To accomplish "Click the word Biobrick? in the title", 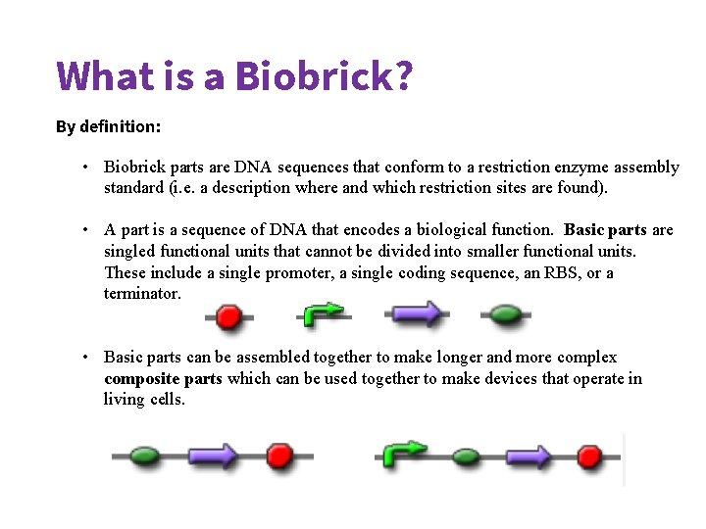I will pos(324,75).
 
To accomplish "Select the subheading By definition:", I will pos(108,126).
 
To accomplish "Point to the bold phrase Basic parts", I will pos(605,230).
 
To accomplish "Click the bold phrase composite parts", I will pos(163,379).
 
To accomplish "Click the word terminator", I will pos(142,293).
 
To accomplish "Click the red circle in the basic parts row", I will pos(228,315).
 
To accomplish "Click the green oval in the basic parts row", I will pos(505,314).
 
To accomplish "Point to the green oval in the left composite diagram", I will pos(145,457).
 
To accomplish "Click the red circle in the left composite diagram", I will pos(280,457).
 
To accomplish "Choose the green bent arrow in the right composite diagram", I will pos(403,453).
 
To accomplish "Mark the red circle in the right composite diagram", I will pos(589,457).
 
